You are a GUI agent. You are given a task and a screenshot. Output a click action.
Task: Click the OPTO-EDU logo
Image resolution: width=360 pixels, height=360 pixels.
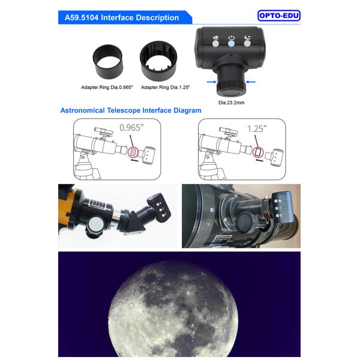pyautogui.click(x=279, y=16)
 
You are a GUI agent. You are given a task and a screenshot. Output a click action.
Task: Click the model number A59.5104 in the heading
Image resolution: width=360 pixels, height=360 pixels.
pyautogui.click(x=82, y=17)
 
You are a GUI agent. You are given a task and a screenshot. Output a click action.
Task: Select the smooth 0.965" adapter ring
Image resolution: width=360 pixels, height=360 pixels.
pyautogui.click(x=107, y=62)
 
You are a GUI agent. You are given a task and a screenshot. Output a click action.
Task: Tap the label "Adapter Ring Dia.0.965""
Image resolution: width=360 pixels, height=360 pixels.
pyautogui.click(x=107, y=88)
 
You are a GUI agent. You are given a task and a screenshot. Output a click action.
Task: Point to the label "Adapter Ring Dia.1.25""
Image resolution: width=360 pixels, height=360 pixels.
pyautogui.click(x=166, y=88)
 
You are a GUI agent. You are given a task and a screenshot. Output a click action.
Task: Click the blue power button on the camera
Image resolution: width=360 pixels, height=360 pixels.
pyautogui.click(x=231, y=44)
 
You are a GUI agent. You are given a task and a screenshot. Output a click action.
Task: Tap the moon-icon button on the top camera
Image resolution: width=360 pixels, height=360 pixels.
pyautogui.click(x=247, y=43)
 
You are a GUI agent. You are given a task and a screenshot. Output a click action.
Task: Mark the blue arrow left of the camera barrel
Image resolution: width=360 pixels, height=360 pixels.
pyautogui.click(x=211, y=82)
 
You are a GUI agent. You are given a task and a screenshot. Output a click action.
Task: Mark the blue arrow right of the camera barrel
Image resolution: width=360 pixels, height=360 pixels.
pyautogui.click(x=250, y=82)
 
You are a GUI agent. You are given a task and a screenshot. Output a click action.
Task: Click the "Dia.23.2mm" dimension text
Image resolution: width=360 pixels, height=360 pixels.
pyautogui.click(x=231, y=103)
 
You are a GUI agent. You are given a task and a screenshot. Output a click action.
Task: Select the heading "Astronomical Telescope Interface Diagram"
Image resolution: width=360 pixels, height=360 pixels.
pyautogui.click(x=131, y=110)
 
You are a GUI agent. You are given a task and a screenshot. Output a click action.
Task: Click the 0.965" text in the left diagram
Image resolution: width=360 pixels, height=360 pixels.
pyautogui.click(x=131, y=128)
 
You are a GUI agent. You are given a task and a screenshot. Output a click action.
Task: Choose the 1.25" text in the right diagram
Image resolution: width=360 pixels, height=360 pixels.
pyautogui.click(x=257, y=129)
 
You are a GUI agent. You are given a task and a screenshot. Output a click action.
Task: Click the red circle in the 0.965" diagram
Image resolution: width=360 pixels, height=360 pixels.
pyautogui.click(x=133, y=152)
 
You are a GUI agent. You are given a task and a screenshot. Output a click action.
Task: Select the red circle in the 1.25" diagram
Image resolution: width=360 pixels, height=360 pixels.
pyautogui.click(x=258, y=152)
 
